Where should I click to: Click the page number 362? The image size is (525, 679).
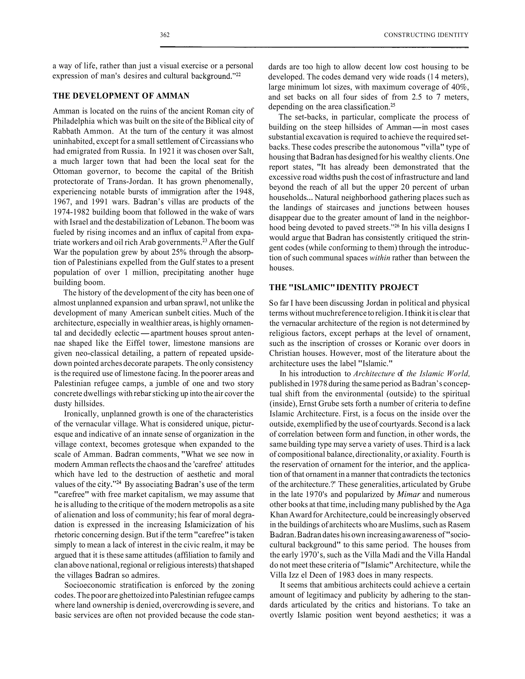click(x=165, y=35)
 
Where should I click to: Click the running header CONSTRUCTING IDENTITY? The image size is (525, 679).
click(x=426, y=35)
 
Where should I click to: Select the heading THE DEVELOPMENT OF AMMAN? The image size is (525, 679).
click(x=121, y=96)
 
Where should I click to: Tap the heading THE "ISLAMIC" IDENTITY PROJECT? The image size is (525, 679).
click(x=344, y=287)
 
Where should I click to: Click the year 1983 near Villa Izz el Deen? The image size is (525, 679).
click(x=344, y=575)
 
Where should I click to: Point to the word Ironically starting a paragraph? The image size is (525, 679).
click(x=80, y=414)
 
